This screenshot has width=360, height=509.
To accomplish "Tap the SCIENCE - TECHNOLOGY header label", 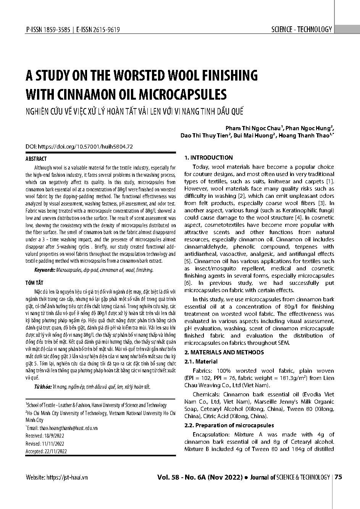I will point(302,29).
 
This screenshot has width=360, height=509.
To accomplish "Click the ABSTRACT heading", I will point(36,159).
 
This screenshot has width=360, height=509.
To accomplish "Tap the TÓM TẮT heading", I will point(34,283).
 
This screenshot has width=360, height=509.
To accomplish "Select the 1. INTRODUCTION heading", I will point(208,157).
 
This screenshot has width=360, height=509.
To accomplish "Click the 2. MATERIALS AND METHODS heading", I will point(224,352).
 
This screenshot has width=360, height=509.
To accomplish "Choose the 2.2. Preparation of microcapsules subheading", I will point(229,425).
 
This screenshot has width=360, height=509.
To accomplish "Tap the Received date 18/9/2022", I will point(55,436).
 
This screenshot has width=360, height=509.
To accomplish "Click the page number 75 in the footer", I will point(338,477).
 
